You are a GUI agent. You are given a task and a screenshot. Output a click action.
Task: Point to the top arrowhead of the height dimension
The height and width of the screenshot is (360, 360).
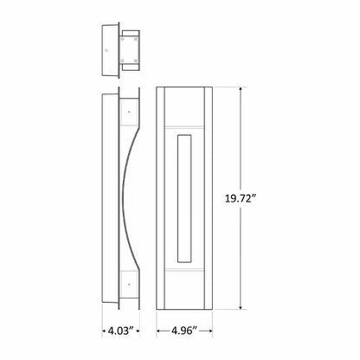241,89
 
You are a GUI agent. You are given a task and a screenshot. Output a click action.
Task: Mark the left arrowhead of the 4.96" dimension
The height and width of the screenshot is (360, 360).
158,331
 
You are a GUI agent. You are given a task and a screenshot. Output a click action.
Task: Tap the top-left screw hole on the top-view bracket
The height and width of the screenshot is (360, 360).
124,37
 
